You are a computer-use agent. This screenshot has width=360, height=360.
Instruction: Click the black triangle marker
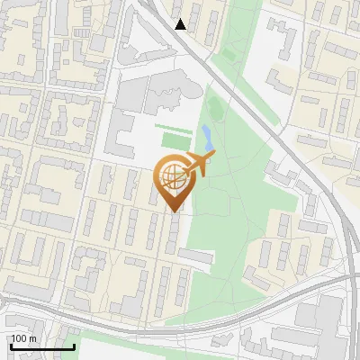pos(180,24)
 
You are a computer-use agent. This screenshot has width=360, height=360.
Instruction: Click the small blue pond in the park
pos(207,138)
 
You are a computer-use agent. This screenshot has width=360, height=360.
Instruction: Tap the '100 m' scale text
pos(23,338)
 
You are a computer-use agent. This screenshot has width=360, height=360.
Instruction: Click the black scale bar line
pos(41,346)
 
